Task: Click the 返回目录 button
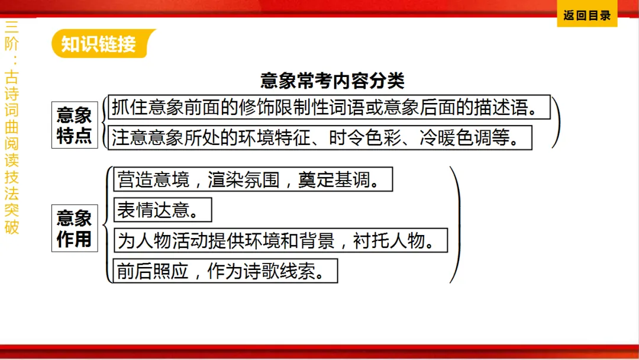coord(587,15)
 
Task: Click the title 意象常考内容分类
coord(333,81)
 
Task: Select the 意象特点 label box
coord(75,125)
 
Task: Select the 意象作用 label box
coord(75,228)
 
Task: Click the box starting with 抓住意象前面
coord(329,108)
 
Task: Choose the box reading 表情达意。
coord(162,209)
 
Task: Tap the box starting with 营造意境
coord(253,179)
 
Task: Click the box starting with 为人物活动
coord(280,240)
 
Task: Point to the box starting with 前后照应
coord(225,271)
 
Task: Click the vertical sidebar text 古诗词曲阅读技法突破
coord(12,151)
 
